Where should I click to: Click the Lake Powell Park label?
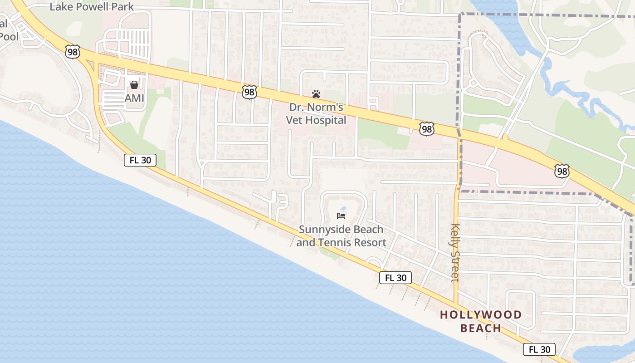click(92, 7)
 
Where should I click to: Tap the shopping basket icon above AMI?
click(134, 85)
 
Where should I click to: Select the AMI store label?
click(134, 98)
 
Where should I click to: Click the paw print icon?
click(316, 94)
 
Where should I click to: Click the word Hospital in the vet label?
click(326, 120)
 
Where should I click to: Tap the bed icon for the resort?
click(341, 216)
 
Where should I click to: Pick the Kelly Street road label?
click(455, 253)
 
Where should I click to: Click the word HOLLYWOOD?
click(481, 314)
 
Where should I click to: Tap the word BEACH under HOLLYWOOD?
click(481, 328)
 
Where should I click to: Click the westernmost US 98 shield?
click(72, 52)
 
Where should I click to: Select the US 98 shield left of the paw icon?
click(249, 92)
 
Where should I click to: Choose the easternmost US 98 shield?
click(562, 171)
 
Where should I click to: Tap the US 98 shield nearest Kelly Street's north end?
click(426, 129)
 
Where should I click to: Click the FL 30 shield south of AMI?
click(140, 160)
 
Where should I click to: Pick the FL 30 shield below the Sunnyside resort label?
click(396, 278)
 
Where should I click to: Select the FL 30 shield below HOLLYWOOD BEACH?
click(539, 349)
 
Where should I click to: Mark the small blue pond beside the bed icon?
click(343, 209)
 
